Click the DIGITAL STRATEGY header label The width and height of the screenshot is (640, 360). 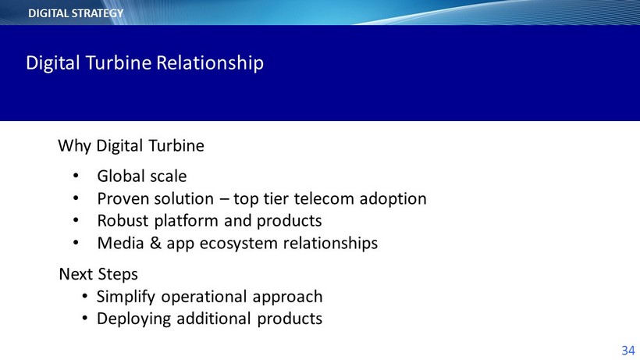pyautogui.click(x=76, y=13)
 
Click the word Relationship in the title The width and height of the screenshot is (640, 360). pyautogui.click(x=210, y=63)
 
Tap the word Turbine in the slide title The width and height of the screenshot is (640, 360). pyautogui.click(x=119, y=62)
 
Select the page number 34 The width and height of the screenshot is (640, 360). pyautogui.click(x=628, y=350)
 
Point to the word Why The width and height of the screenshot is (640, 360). pyautogui.click(x=74, y=146)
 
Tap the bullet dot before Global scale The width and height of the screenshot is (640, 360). pyautogui.click(x=76, y=176)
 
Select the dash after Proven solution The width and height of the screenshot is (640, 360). pyautogui.click(x=224, y=200)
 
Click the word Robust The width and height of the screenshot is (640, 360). pyautogui.click(x=123, y=220)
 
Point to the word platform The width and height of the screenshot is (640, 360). pyautogui.click(x=187, y=221)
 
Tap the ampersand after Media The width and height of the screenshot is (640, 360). pyautogui.click(x=155, y=243)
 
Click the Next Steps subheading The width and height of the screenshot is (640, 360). pyautogui.click(x=98, y=274)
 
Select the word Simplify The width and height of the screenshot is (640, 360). pyautogui.click(x=126, y=297)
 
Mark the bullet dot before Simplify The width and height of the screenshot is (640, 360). pyautogui.click(x=84, y=296)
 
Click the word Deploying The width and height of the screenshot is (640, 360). pyautogui.click(x=133, y=319)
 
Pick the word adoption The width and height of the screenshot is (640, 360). pyautogui.click(x=393, y=199)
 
